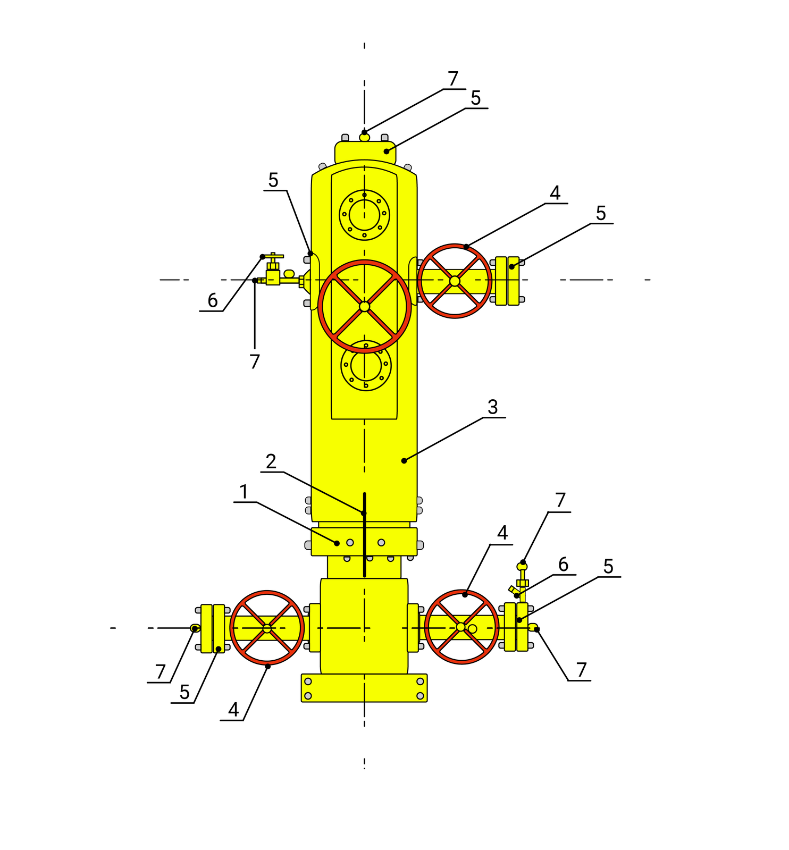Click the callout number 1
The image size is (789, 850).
coord(244,492)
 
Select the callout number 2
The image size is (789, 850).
coord(271,461)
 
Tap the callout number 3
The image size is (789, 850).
coord(493,407)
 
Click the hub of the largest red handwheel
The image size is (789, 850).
coord(364,307)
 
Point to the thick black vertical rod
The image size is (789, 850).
coord(364,535)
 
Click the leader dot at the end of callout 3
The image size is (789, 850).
coord(404,461)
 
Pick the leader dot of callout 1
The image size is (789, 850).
coord(337,543)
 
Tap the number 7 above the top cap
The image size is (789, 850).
coord(453,79)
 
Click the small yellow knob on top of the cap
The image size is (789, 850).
coord(364,137)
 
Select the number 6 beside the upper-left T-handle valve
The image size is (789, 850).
coord(213,301)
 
